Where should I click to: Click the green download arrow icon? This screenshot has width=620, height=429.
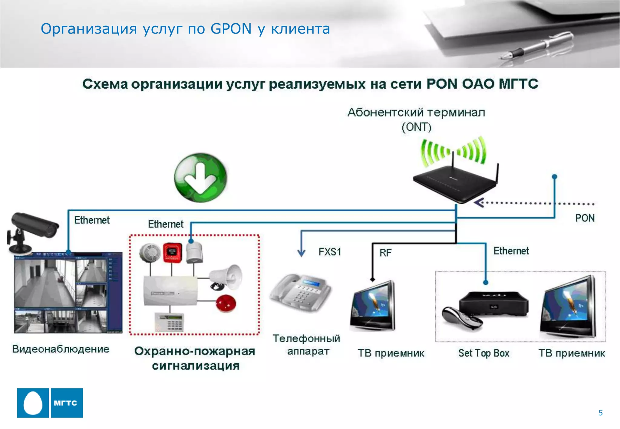(200, 177)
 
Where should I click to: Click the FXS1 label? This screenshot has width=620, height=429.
(330, 252)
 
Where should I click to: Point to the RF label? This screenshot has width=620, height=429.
(385, 253)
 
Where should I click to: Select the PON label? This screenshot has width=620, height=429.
(585, 218)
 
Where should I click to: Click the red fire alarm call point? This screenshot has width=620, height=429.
(173, 253)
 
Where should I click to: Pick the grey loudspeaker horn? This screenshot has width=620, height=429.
(227, 277)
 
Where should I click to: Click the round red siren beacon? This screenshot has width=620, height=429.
(226, 303)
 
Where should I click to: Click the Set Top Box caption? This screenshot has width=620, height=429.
(483, 353)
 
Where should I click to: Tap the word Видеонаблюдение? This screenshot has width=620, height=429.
(61, 349)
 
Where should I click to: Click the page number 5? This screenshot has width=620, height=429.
(601, 413)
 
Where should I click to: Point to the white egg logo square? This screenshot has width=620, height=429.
(33, 403)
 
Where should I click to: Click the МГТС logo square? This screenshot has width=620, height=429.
(67, 403)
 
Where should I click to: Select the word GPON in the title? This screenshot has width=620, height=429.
(231, 29)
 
